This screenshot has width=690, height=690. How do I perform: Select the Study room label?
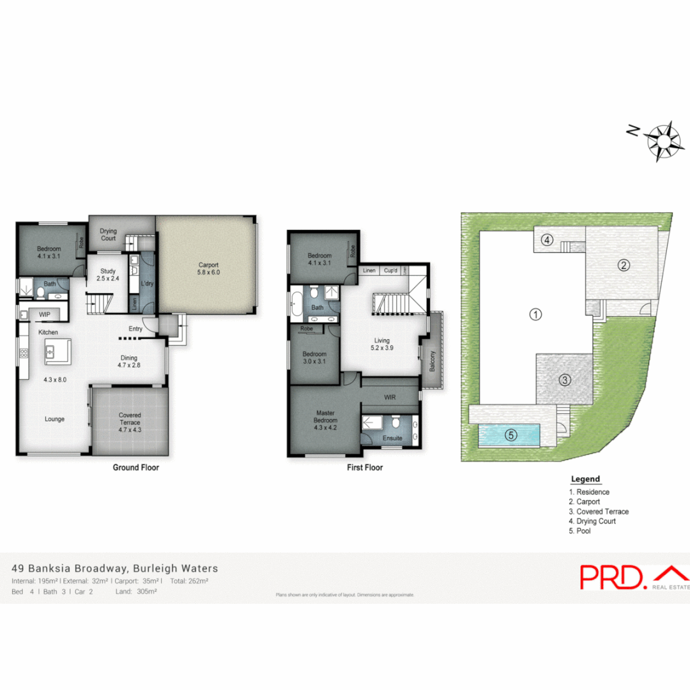click(107, 274)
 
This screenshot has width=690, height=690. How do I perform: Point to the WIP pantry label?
click(45, 314)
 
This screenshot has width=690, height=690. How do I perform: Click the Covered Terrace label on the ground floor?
click(130, 419)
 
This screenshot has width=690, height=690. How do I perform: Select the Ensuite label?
click(392, 438)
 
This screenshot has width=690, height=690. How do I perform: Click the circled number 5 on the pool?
click(510, 436)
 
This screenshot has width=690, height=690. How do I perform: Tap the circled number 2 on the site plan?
click(623, 265)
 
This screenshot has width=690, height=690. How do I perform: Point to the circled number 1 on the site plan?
click(536, 314)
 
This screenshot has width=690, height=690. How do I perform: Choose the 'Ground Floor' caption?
click(135, 468)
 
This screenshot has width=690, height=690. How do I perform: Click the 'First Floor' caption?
click(364, 468)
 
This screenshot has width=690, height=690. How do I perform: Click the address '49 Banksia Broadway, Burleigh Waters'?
click(115, 568)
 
